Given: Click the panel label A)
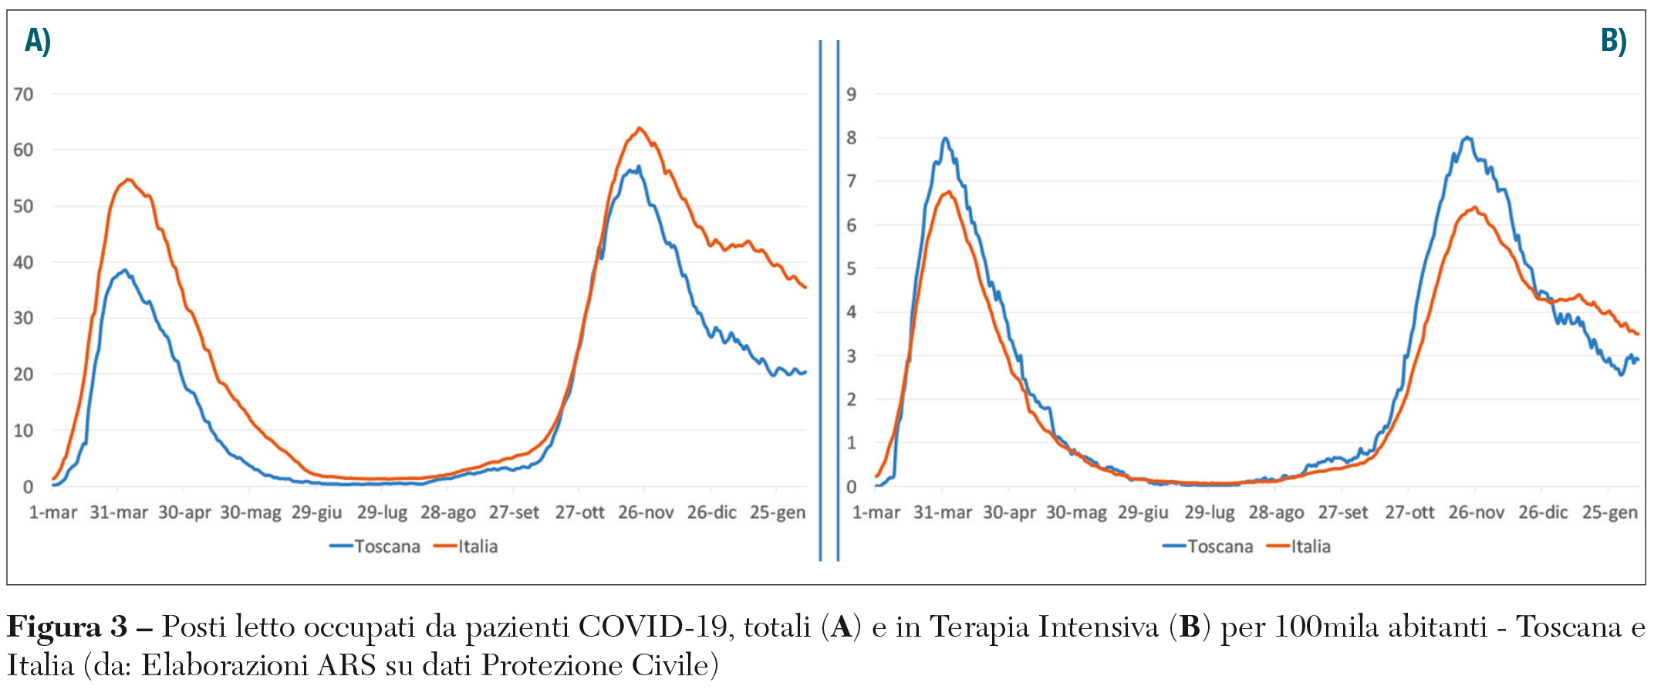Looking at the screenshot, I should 37,40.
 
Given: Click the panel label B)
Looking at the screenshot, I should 1612,40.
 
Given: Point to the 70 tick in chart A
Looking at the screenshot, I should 24,94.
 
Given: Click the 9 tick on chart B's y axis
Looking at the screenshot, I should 852,94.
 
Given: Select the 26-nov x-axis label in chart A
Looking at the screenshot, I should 646,512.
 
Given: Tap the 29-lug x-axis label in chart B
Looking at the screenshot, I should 1210,512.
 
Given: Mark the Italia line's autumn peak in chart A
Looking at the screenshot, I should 639,128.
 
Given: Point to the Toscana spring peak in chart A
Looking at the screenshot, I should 123,270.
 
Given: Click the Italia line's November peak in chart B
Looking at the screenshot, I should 1474,207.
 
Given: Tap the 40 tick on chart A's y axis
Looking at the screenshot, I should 24,262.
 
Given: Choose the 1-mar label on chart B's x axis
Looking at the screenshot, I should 876,512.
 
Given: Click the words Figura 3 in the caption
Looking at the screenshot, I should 68,627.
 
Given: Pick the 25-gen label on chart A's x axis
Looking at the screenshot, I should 778,512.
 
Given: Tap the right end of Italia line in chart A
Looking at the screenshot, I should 805,288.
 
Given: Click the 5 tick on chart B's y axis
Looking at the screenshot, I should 852,269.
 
